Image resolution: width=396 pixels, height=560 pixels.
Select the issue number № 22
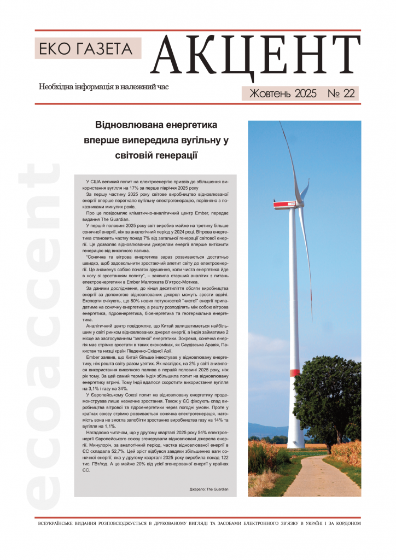[341, 94]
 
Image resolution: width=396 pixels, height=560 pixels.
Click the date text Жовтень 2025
[282, 94]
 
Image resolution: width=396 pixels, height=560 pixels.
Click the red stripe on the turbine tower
[294, 372]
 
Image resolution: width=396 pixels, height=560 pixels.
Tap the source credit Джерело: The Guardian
[209, 488]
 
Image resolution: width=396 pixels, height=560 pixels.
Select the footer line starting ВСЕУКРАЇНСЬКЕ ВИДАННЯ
[197, 523]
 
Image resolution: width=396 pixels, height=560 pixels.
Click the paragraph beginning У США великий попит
[155, 184]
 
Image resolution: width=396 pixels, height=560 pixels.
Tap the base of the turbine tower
[295, 443]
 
